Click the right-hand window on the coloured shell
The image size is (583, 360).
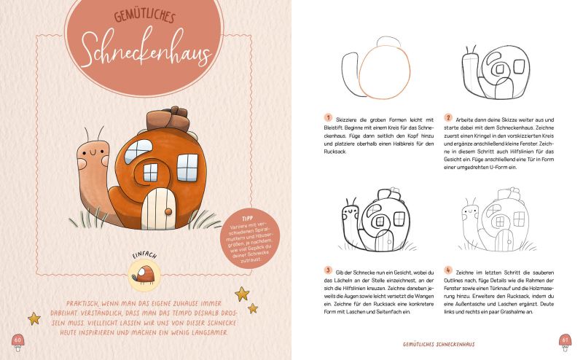pos(187,168)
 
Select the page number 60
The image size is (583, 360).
pos(17,339)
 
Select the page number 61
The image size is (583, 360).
pos(565,339)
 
